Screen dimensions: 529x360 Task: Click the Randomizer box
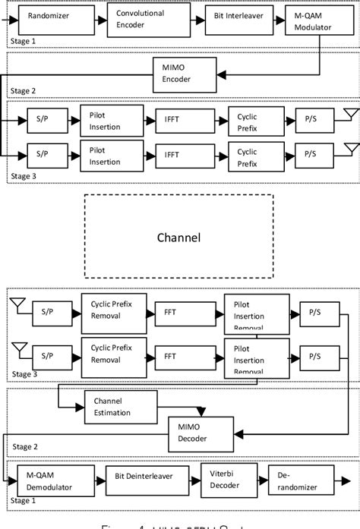coord(49,16)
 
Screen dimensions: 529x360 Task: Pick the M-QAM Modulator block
coord(314,17)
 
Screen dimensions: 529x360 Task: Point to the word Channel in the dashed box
coord(178,238)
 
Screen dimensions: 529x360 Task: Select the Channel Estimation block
coord(113,408)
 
